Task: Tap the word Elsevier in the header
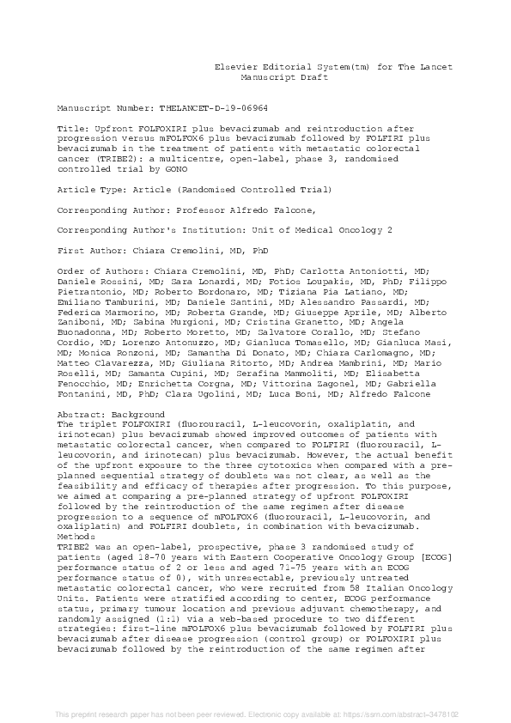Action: (x=237, y=67)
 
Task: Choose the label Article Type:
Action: (x=87, y=189)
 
